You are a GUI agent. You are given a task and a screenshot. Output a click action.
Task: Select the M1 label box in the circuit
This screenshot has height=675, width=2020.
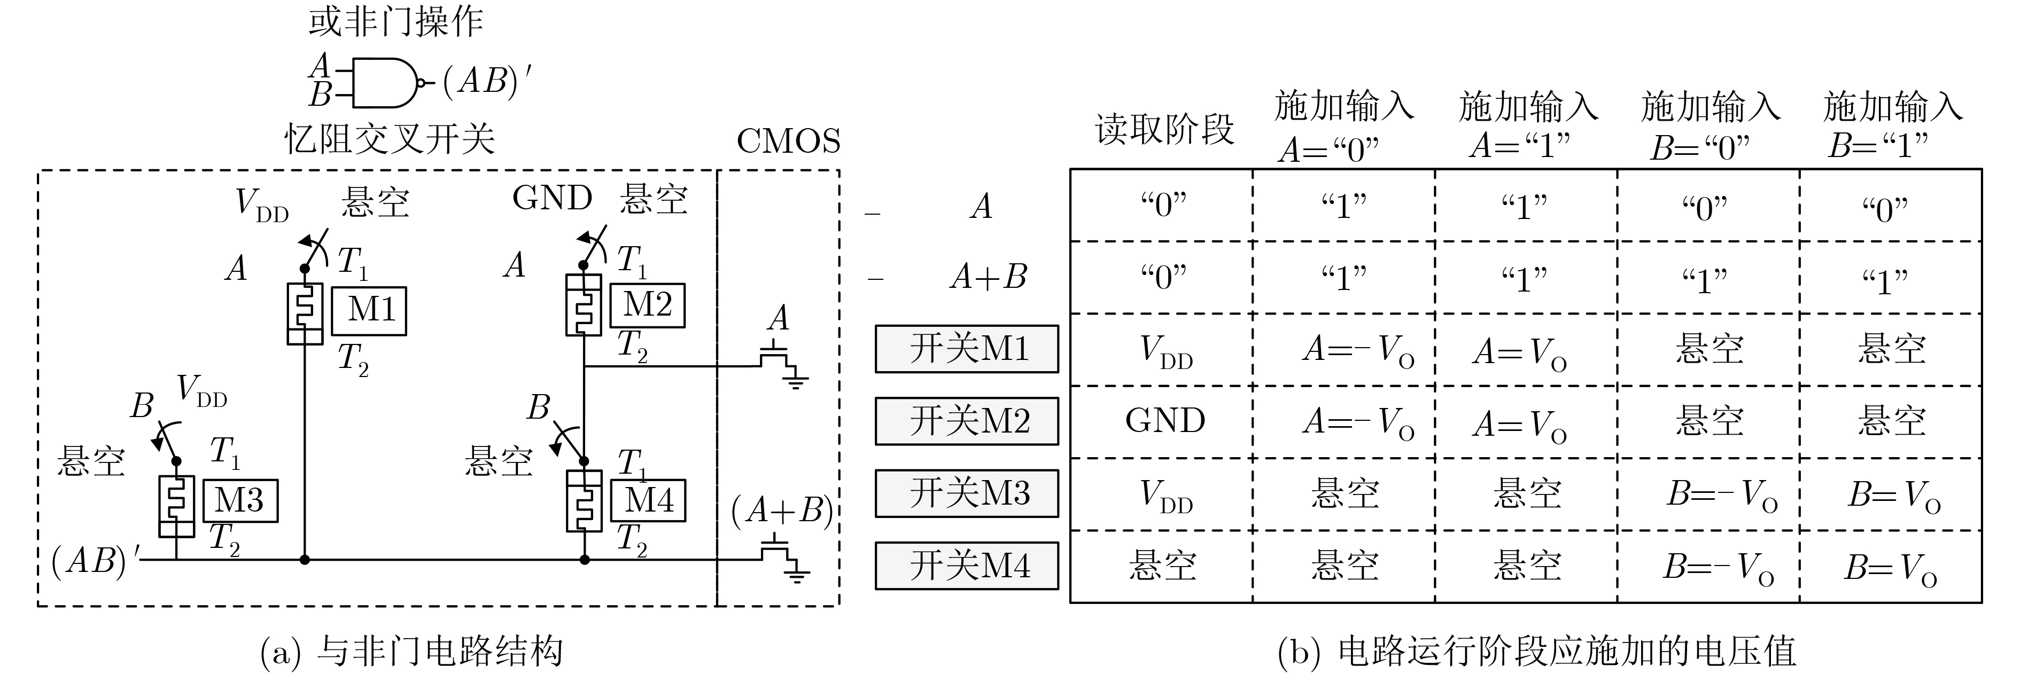369,310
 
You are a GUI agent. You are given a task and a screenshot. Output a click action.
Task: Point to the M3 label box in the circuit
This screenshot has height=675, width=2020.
240,500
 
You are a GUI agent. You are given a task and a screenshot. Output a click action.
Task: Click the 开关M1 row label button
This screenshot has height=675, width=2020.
966,349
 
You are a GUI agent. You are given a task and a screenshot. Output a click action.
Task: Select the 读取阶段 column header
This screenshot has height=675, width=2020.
1164,129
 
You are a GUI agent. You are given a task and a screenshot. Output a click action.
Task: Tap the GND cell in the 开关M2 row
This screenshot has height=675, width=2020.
1164,421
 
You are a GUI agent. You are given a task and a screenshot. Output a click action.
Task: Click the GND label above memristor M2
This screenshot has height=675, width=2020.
552,198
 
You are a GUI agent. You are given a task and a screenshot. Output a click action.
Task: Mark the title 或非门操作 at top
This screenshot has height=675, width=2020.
395,21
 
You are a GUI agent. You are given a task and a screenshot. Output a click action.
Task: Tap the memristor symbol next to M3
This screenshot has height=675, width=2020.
176,506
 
